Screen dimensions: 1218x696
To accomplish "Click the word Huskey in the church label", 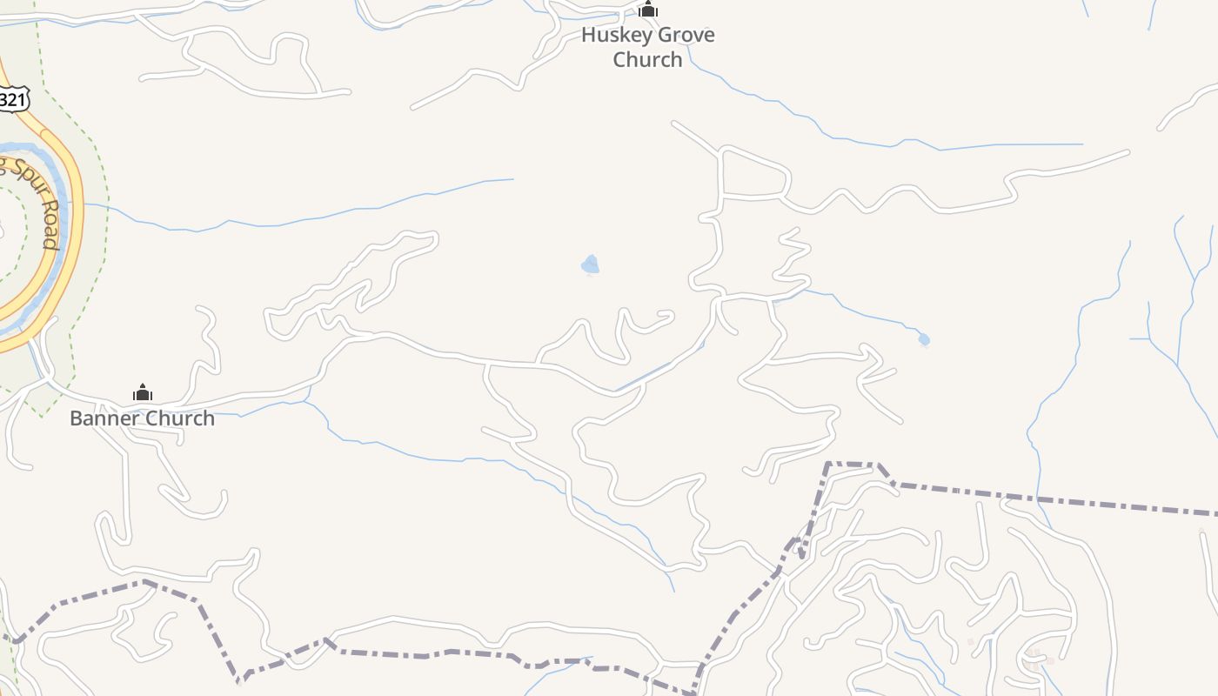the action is click(x=613, y=36).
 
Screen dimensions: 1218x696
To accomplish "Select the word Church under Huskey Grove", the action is click(x=647, y=60).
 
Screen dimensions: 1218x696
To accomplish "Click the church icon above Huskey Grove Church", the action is click(x=647, y=10).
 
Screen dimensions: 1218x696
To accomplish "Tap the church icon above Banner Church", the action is click(x=143, y=393).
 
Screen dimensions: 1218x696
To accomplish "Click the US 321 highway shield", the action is click(x=12, y=100).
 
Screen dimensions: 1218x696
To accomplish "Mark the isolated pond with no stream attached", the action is click(x=591, y=264).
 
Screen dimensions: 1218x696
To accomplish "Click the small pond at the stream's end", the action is click(x=923, y=339).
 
